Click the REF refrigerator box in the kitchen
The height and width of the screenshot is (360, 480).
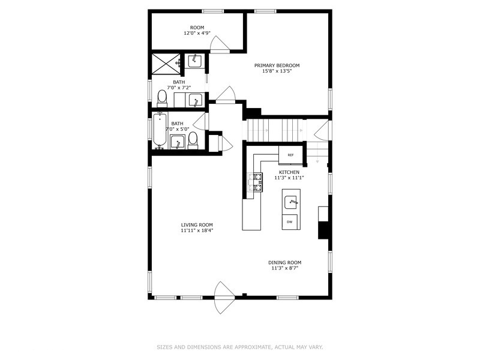[x=290, y=155]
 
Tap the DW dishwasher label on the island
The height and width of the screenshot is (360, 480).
[x=290, y=222]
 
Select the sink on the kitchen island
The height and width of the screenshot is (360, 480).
[x=291, y=201]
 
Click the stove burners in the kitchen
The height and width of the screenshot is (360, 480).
[x=256, y=182]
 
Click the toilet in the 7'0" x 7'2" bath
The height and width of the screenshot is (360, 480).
[x=162, y=98]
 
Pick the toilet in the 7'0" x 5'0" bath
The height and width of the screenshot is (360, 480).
[x=193, y=140]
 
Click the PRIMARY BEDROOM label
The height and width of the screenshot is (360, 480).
[x=277, y=65]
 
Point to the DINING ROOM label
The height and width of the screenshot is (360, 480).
[x=284, y=262]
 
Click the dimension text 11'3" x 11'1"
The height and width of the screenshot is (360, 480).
[x=289, y=178]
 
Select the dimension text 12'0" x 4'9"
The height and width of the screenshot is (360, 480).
[x=197, y=34]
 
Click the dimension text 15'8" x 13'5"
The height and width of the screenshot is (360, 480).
[x=277, y=71]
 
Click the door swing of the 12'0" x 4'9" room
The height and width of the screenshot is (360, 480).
[x=220, y=44]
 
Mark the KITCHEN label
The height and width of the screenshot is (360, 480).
[x=289, y=172]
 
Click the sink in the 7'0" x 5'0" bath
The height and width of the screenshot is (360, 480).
[x=176, y=142]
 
